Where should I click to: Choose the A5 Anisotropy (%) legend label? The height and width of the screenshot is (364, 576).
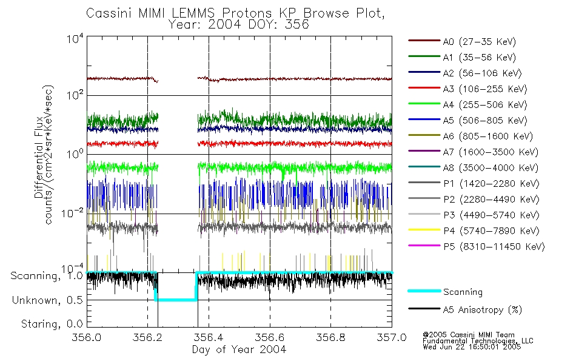(482, 310)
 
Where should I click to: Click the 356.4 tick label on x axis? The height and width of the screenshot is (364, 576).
(209, 339)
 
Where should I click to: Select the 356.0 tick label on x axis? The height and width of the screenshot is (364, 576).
(87, 339)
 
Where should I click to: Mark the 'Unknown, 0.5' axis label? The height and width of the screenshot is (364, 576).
(49, 300)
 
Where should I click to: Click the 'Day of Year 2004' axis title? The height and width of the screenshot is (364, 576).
(239, 349)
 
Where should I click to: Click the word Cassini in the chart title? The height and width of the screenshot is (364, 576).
(107, 13)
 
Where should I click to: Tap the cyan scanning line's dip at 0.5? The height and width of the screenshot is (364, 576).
(176, 299)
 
